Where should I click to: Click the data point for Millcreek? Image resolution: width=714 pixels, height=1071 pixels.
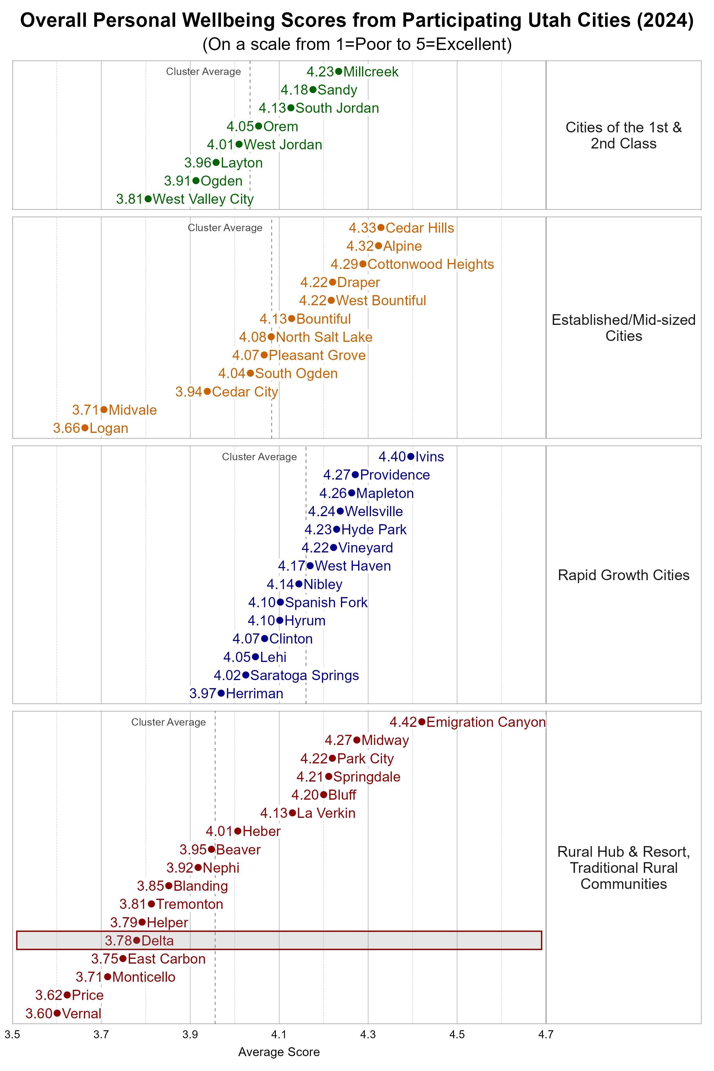click(338, 71)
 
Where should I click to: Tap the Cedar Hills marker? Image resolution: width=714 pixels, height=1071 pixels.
click(381, 228)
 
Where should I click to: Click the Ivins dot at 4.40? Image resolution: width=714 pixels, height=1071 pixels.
click(410, 456)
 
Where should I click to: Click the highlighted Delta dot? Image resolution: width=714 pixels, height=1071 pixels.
click(137, 940)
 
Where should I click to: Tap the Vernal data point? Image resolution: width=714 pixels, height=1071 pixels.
click(57, 1013)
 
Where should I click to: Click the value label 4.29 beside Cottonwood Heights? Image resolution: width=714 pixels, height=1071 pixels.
click(344, 264)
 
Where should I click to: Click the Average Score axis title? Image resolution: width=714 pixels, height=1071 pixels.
click(279, 1052)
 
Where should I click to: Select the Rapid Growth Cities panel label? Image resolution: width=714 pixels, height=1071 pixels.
click(623, 575)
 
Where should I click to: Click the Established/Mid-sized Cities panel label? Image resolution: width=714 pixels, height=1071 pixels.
click(623, 328)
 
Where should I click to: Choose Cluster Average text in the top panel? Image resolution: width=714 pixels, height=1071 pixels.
click(203, 71)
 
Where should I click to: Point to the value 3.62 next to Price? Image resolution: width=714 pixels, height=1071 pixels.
click(49, 995)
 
